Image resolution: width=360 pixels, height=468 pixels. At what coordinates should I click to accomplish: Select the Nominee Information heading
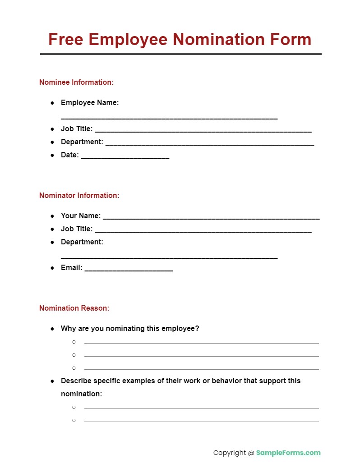coord(76,82)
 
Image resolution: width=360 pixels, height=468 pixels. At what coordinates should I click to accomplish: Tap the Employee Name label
coord(90,102)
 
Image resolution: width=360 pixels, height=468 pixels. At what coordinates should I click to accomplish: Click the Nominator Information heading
coord(79,195)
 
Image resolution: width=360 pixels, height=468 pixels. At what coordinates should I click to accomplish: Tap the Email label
coord(72,267)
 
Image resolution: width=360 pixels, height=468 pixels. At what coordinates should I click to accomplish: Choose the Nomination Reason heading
coord(74,308)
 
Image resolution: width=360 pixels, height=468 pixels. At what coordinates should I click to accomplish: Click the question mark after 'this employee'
coord(197,328)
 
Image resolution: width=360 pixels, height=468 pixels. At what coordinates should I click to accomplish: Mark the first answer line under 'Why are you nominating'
coord(201,343)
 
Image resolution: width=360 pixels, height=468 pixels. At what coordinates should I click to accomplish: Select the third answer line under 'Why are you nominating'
coord(201,369)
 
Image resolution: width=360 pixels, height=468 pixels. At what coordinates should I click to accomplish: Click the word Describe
coord(76,381)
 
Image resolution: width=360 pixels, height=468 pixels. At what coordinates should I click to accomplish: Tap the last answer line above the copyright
coord(201,422)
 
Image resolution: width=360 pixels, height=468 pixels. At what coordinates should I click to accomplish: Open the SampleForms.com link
coord(288,453)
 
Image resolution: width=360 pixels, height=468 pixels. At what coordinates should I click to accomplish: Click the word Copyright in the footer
coord(230,453)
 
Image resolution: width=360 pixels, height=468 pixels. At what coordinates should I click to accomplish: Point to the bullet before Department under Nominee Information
coord(52,142)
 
